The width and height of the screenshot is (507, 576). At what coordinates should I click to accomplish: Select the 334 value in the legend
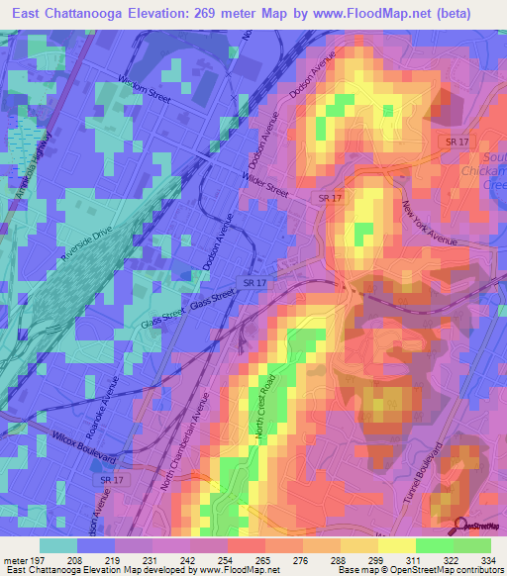pos(487,559)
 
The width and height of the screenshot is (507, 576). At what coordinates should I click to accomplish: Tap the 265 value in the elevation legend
pos(262,559)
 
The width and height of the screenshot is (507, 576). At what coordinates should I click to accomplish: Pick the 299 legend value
pos(375,559)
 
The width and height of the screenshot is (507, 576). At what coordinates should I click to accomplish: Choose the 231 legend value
pos(151,559)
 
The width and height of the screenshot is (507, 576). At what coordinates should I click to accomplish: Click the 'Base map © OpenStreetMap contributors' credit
pos(419,570)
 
